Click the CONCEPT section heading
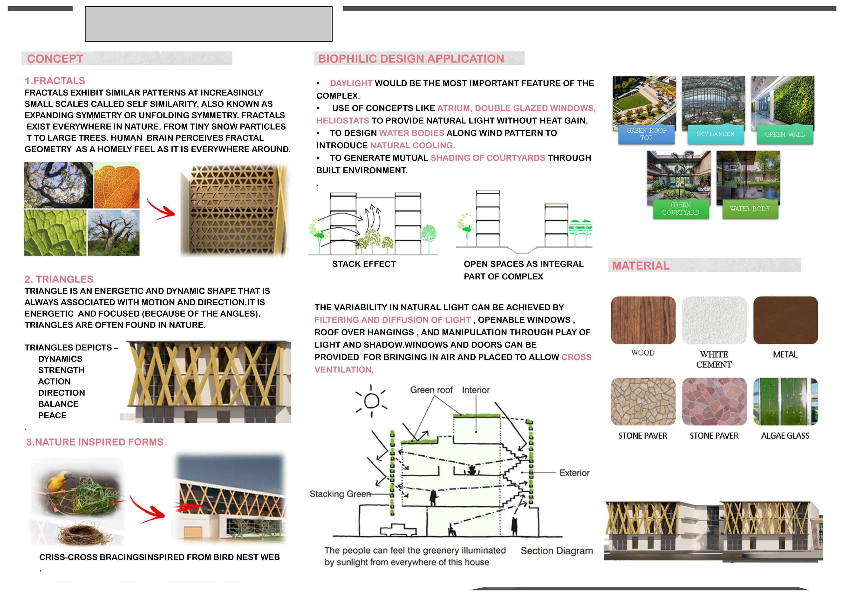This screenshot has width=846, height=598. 55,59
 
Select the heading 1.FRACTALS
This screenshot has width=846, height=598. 55,81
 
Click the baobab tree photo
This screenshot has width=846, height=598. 114,233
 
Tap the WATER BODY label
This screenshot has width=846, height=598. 750,209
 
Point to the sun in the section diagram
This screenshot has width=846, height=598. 371,401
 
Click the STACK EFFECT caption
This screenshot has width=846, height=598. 364,264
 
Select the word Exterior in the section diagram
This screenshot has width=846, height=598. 574,473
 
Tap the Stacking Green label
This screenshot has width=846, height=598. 340,494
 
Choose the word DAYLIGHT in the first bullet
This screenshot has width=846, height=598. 351,83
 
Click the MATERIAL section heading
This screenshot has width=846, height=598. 640,266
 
